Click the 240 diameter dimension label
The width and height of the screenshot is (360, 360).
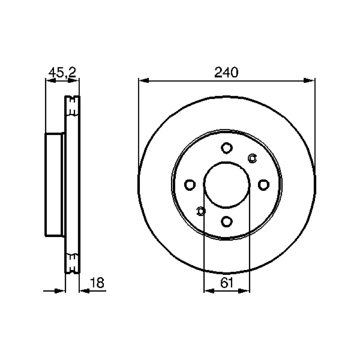226,72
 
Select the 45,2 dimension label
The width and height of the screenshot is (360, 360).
62,72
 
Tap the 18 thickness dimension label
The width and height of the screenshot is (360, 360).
97,283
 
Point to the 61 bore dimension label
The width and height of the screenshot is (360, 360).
227,283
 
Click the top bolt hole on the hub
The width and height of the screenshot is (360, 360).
227,148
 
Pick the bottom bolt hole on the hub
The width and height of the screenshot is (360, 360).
227,221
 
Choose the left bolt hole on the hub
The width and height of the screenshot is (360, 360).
190,185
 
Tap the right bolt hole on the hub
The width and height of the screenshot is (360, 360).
264,185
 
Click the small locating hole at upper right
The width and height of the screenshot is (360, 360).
252,158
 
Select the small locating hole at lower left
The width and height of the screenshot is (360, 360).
201,211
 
